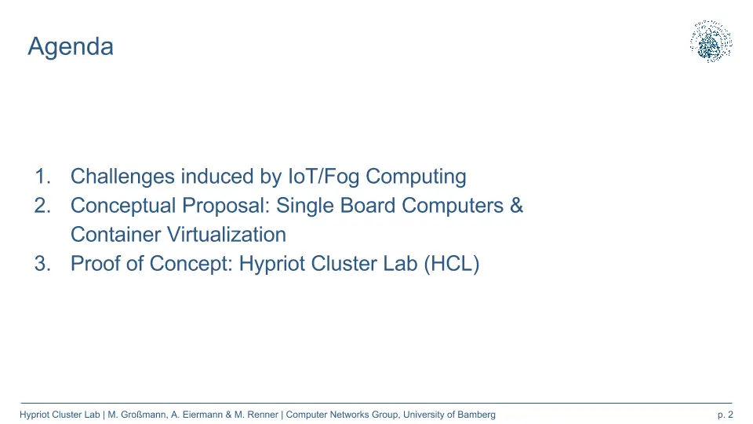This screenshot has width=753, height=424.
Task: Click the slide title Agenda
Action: pos(71,47)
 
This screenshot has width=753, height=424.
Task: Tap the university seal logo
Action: pos(711,42)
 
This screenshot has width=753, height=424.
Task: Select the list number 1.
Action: pos(42,177)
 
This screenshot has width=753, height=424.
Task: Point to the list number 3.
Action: pos(42,264)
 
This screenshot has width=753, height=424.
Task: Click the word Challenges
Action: pos(122,177)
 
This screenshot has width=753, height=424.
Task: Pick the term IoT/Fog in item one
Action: pos(323,177)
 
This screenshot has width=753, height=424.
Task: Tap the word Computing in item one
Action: pos(416,177)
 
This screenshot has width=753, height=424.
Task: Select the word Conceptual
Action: pos(123,207)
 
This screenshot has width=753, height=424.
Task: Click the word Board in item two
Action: pos(368,205)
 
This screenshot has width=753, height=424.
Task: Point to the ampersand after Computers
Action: pos(516,205)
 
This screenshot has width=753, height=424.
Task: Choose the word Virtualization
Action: pos(226,235)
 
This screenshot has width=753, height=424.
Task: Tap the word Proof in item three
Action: pos(96,264)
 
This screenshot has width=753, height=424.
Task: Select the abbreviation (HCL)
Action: pos(452,264)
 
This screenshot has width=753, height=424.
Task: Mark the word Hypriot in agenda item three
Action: pos(272,265)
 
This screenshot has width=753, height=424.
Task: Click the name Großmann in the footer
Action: pos(143,415)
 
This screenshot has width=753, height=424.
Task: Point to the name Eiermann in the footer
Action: pos(202,415)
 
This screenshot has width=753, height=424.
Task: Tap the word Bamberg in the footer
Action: pos(476,415)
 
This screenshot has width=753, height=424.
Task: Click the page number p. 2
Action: pos(725,415)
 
